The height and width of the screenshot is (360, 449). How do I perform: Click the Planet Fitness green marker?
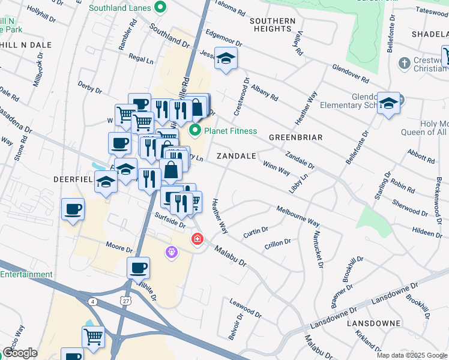point(195,130)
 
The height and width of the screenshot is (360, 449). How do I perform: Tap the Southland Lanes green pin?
point(160,8)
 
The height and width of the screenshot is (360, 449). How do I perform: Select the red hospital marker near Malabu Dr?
point(196,239)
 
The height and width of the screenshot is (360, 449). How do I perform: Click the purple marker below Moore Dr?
point(172,253)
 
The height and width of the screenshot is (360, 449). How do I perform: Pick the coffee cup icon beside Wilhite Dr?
point(138,268)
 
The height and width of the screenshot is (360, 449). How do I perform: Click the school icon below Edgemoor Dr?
point(226,59)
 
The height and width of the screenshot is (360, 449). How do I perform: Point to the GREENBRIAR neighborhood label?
point(295,137)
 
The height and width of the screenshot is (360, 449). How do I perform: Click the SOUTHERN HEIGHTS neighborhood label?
point(273,25)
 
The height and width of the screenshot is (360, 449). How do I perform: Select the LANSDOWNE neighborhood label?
point(373,323)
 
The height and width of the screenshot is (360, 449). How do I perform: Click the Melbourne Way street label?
point(298,216)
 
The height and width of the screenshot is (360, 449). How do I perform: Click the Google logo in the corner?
point(20,353)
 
